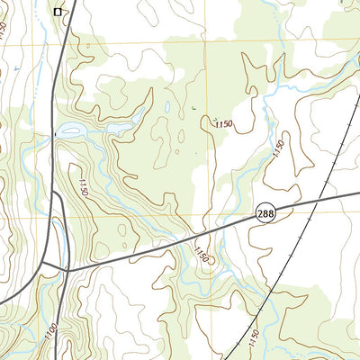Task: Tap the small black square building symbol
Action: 58,12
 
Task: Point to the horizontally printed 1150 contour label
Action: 225,123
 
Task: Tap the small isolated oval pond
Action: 167,108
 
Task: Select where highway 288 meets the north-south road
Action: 67,267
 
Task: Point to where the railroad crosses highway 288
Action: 319,197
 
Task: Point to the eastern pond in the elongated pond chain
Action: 117,128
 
